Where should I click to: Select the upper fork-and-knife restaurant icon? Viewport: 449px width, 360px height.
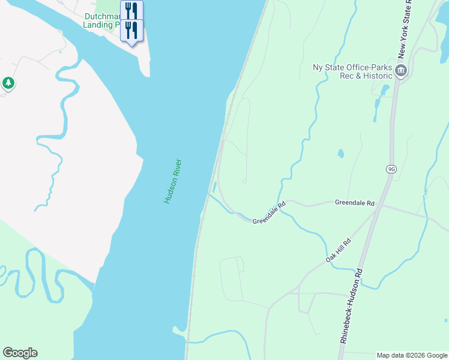click(131, 11)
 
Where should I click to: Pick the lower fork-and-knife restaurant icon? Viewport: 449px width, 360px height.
click(131, 30)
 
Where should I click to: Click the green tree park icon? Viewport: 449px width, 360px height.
click(8, 83)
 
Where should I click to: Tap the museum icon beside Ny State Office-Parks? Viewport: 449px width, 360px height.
click(401, 71)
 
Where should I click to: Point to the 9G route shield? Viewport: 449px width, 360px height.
click(391, 170)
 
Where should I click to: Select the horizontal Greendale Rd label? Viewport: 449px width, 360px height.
click(354, 203)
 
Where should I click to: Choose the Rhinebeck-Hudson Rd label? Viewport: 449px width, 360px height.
click(352, 305)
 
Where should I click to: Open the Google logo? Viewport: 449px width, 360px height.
click(20, 353)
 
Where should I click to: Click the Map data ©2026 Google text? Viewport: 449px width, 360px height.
click(412, 355)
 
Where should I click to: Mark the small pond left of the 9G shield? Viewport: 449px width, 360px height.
click(341, 154)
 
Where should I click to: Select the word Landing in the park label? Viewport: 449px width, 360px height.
click(98, 25)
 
